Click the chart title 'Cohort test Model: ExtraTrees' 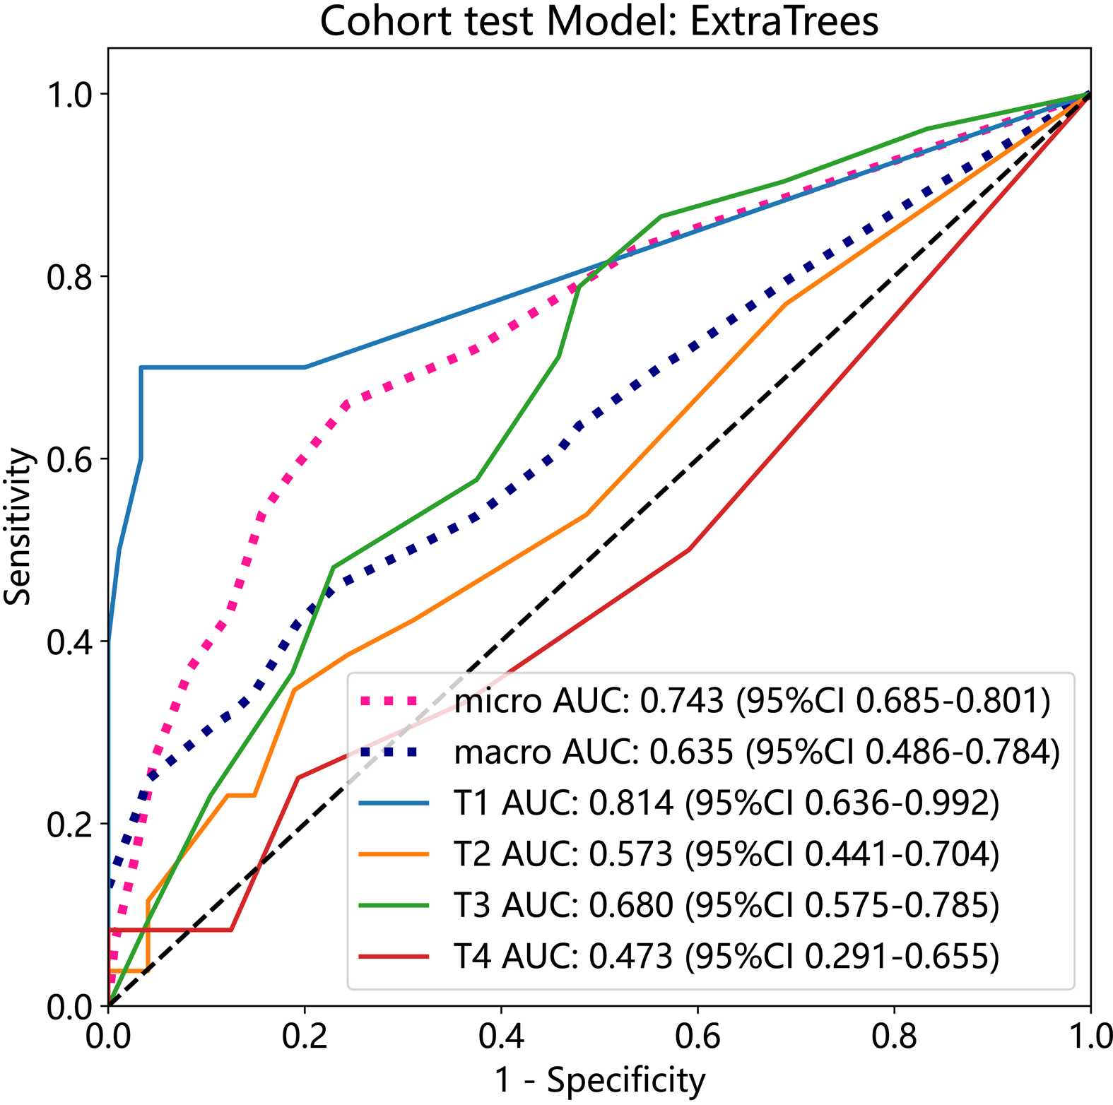pos(599,21)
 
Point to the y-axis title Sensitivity pos(18,526)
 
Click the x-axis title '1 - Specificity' pos(599,1080)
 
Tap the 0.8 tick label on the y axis pos(69,277)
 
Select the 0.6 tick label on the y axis pos(69,459)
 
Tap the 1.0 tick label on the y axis pos(69,95)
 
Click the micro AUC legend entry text pos(752,701)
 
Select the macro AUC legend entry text pos(757,752)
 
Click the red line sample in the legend pos(394,957)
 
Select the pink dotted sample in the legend pos(394,701)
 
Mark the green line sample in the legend pos(394,905)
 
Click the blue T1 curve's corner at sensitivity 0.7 pos(141,367)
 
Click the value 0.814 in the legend pos(631,803)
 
